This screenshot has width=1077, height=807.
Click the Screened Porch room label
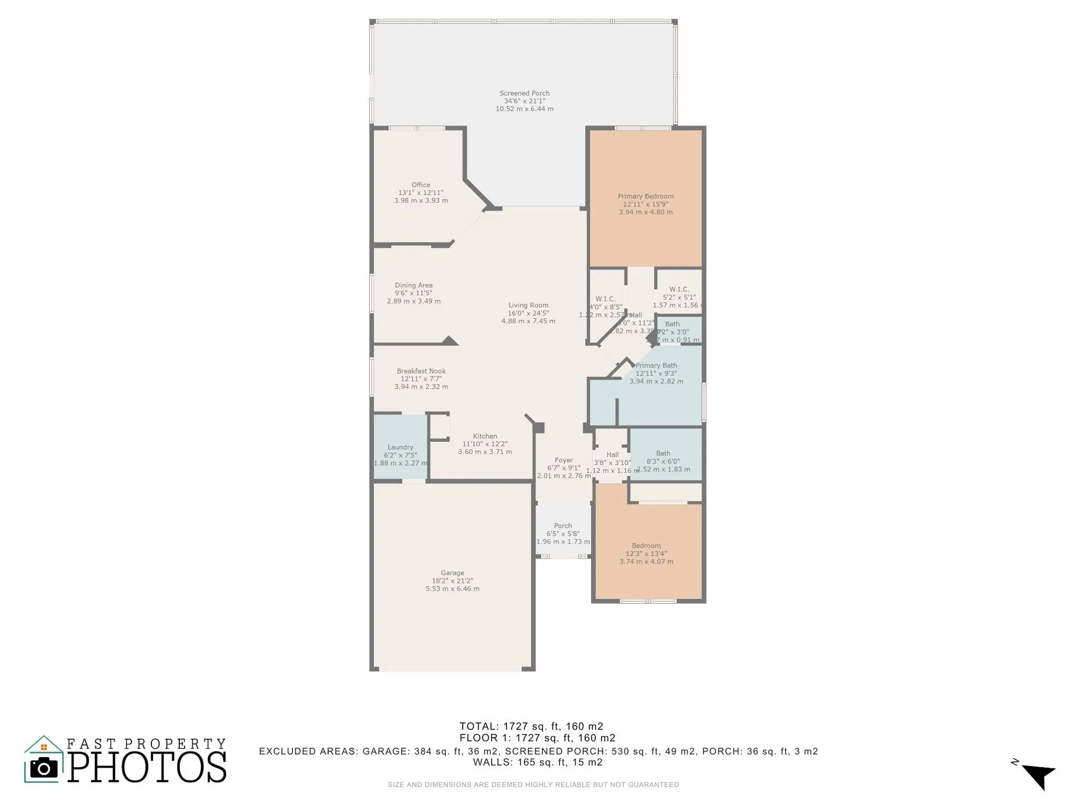[524, 93]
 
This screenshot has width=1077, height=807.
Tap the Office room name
[421, 185]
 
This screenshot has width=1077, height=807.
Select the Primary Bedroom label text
[645, 196]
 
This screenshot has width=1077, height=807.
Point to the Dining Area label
[413, 285]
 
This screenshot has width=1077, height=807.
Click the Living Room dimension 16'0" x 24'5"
[528, 313]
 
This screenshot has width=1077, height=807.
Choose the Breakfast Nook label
[421, 371]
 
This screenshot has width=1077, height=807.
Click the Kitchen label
[485, 436]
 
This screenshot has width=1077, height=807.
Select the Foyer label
[563, 460]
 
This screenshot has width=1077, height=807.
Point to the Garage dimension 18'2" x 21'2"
[452, 581]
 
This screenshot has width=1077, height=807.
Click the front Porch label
[563, 526]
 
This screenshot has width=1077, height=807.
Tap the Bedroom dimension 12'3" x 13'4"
[646, 554]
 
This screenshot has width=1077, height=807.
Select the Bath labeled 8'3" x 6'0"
[663, 454]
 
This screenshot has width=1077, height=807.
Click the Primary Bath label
[656, 365]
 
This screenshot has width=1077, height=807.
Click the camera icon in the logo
[44, 768]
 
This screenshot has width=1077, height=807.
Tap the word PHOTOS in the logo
[146, 767]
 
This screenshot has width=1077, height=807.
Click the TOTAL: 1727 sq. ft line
[531, 726]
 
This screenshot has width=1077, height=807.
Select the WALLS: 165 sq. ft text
[537, 762]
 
